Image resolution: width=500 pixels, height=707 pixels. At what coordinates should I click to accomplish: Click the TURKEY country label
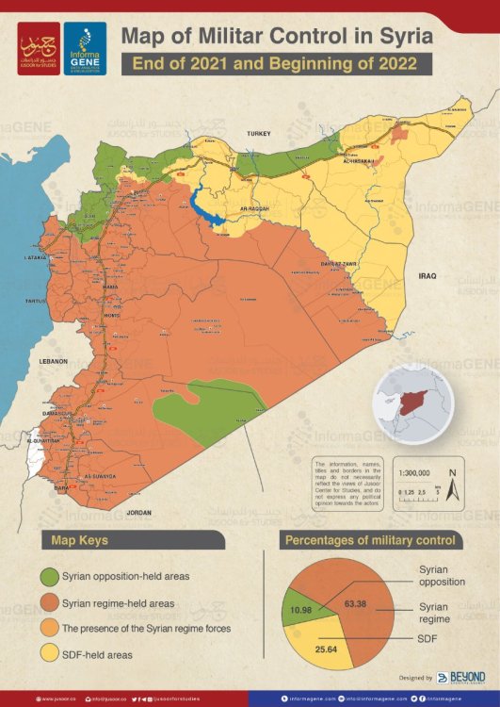[258, 135]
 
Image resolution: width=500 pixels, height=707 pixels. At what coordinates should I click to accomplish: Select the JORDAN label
[138, 512]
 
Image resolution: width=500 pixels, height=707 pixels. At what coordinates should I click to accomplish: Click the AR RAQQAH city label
[255, 208]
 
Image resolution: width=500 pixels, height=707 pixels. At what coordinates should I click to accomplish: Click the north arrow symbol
[452, 485]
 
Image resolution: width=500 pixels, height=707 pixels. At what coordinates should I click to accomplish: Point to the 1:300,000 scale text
[415, 473]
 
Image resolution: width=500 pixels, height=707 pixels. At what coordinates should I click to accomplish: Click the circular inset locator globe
[412, 404]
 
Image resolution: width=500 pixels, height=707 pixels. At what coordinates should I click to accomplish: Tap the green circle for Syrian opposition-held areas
[50, 575]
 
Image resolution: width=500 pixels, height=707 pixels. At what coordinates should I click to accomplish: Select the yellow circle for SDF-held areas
[50, 653]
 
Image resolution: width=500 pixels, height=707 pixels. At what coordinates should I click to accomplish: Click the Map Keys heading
[80, 540]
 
